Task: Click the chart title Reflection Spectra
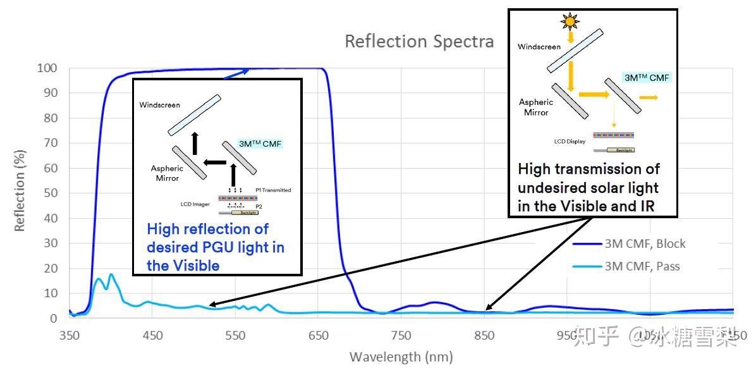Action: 418,42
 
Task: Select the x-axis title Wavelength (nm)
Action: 401,357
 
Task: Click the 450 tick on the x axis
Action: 152,336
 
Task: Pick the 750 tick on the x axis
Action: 401,336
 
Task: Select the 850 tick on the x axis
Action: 484,336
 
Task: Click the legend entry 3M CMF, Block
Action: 645,243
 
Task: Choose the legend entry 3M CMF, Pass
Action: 642,266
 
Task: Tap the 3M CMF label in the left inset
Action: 260,144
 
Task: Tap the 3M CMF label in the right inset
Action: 646,78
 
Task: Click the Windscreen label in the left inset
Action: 159,104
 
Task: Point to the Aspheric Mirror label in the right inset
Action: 535,107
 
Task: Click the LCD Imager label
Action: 195,204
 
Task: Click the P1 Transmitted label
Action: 273,190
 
